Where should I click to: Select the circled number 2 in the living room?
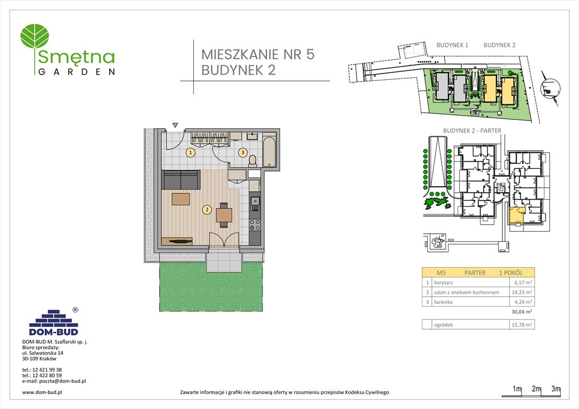tap(206, 209)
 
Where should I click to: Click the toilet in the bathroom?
tap(252, 159)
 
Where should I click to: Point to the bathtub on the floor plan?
tap(269, 152)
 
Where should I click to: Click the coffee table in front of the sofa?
tap(181, 199)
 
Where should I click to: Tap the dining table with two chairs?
tap(224, 215)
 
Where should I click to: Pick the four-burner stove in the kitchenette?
tap(255, 225)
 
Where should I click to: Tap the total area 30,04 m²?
tap(523, 312)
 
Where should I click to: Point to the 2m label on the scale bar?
tap(536, 389)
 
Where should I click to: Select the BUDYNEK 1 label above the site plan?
tap(452, 45)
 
